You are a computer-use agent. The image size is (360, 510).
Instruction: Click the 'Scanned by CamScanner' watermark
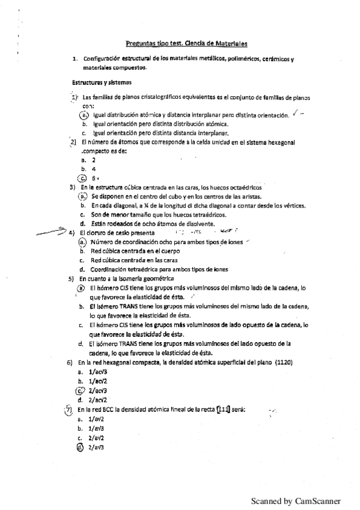coord(296,500)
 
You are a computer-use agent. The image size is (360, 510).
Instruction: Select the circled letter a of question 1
coord(85,114)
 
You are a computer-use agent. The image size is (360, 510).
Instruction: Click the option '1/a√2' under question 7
coord(97,419)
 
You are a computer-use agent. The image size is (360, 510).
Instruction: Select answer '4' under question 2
coord(93,169)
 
